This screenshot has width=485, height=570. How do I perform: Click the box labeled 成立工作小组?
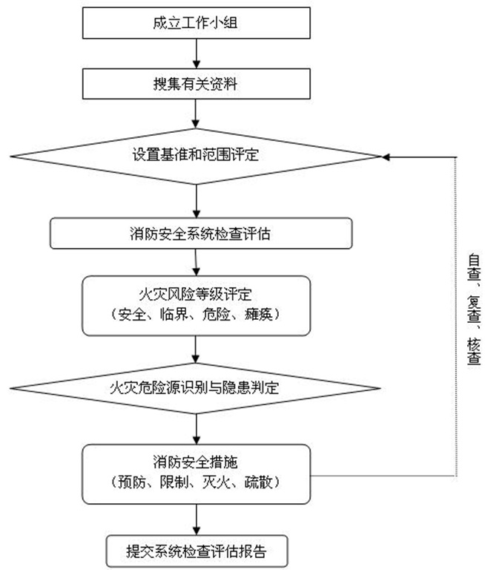tap(195, 22)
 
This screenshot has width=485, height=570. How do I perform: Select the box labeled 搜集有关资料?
tap(195, 84)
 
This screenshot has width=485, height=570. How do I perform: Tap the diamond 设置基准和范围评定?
tap(195, 157)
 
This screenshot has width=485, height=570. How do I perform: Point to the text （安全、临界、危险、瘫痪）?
tap(195, 313)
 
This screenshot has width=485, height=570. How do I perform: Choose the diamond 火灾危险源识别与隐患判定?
tap(195, 387)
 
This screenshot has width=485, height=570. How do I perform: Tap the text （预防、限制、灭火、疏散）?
tap(195, 482)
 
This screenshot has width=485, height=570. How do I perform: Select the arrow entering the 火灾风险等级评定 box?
tap(195, 262)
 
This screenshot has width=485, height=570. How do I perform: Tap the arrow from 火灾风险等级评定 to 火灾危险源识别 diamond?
tap(195, 348)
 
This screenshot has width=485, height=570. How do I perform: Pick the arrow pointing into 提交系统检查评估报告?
tap(195, 517)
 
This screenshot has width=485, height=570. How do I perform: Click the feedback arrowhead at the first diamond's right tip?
tap(386, 157)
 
